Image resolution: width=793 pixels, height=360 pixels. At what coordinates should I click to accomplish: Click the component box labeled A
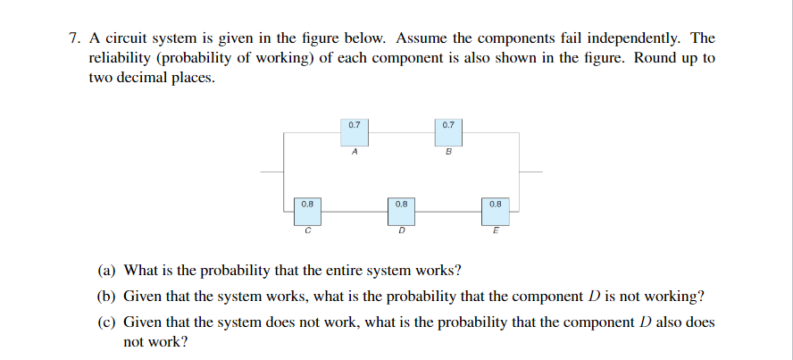tap(354, 130)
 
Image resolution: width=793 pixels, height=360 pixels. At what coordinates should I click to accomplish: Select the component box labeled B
tap(448, 130)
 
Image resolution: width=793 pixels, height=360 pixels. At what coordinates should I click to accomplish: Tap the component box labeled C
tap(307, 211)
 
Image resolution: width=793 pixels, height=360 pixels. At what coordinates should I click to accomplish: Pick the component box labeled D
tap(401, 211)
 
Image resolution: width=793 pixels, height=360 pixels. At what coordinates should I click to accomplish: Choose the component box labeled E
tap(496, 211)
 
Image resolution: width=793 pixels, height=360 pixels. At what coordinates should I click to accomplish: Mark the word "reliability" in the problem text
tap(119, 58)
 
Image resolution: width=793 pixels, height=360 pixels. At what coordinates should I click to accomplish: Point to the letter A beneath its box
tap(355, 152)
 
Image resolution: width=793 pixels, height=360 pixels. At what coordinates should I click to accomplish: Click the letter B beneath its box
tap(448, 153)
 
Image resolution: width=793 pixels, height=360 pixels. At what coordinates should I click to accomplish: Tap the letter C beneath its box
tap(307, 233)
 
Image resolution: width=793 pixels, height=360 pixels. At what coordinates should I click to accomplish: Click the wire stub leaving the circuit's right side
tap(530, 172)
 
